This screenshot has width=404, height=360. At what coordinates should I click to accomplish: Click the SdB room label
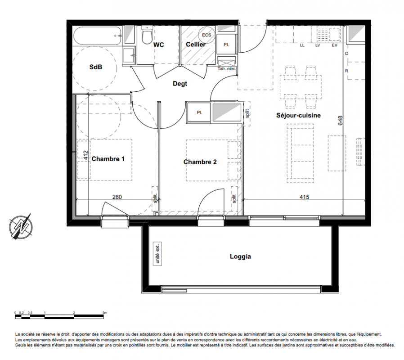(x=95, y=67)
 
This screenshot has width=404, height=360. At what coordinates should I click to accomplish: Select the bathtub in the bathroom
(x=98, y=36)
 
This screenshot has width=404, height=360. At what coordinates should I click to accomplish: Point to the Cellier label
(x=196, y=45)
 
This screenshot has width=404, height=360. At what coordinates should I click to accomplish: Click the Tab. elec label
(x=226, y=69)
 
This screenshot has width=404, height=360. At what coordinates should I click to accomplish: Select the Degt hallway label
(x=180, y=84)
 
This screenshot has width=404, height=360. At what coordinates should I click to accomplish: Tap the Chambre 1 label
(x=108, y=159)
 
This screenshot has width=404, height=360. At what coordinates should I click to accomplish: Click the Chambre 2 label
(x=200, y=162)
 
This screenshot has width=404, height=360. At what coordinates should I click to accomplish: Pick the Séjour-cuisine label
(x=298, y=115)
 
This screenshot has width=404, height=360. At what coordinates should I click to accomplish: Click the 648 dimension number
(x=340, y=121)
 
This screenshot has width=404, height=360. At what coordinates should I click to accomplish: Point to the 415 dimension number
(x=304, y=197)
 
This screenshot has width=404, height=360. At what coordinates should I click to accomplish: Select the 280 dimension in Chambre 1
(x=117, y=197)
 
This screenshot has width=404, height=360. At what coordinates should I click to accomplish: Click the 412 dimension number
(x=86, y=155)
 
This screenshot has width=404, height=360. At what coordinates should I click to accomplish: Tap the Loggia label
(x=240, y=256)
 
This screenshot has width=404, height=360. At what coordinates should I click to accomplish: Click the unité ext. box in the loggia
(x=157, y=253)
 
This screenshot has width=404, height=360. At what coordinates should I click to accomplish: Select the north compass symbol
(x=21, y=226)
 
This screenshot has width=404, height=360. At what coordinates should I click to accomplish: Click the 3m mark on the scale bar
(x=105, y=313)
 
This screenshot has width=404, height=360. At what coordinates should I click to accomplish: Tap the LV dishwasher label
(x=318, y=45)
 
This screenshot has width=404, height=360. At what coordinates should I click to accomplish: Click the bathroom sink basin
(x=129, y=55)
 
